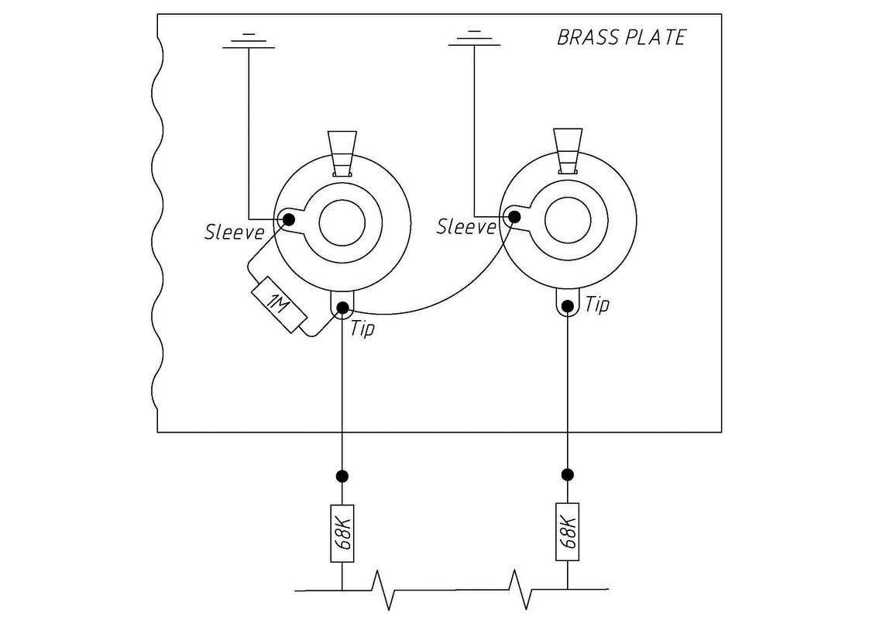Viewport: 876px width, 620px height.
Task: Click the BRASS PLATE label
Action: pos(621,38)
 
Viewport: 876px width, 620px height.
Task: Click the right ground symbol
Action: pos(474,39)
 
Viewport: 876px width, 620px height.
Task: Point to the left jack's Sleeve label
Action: pos(235,231)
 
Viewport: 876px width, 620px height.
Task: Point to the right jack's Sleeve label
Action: pos(466,226)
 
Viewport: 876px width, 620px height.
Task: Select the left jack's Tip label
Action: pos(362,328)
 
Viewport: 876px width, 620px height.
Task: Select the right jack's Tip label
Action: pos(597,305)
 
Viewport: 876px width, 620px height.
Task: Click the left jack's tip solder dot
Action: pos(342,309)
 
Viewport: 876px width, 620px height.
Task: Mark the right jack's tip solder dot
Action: pos(568,305)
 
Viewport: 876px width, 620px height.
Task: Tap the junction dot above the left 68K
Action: pos(342,475)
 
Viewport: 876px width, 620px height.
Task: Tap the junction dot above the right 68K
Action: pos(568,474)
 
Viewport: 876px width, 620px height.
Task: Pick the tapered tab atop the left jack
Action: pos(342,153)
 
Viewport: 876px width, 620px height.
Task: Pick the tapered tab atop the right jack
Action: pos(568,149)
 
